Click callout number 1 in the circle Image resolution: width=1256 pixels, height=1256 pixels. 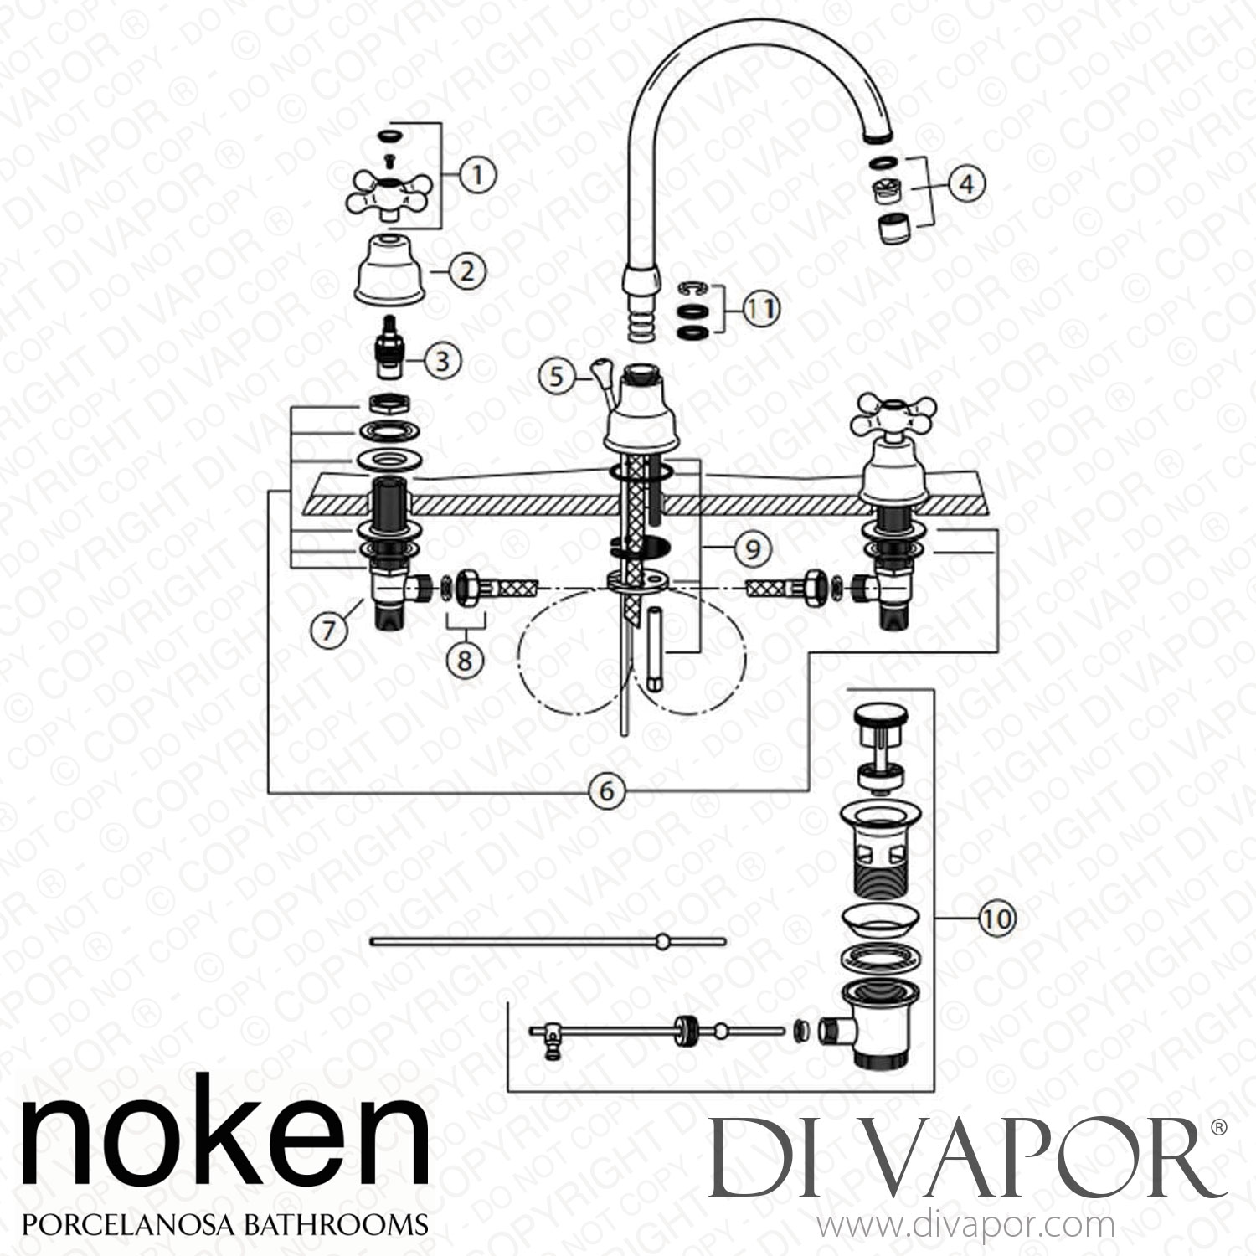tap(477, 176)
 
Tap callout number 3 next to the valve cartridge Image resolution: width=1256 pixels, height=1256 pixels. tap(442, 361)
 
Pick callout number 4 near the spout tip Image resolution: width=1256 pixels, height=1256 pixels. tap(965, 183)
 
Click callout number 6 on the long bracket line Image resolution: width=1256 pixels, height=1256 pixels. tap(607, 790)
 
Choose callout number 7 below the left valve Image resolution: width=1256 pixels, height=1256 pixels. tap(328, 628)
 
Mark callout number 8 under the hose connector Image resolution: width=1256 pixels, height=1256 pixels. tap(464, 660)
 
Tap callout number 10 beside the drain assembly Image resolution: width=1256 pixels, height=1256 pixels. tap(996, 919)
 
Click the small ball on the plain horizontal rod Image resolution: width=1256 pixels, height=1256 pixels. tap(662, 941)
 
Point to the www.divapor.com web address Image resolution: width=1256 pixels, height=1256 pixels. tap(965, 1226)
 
